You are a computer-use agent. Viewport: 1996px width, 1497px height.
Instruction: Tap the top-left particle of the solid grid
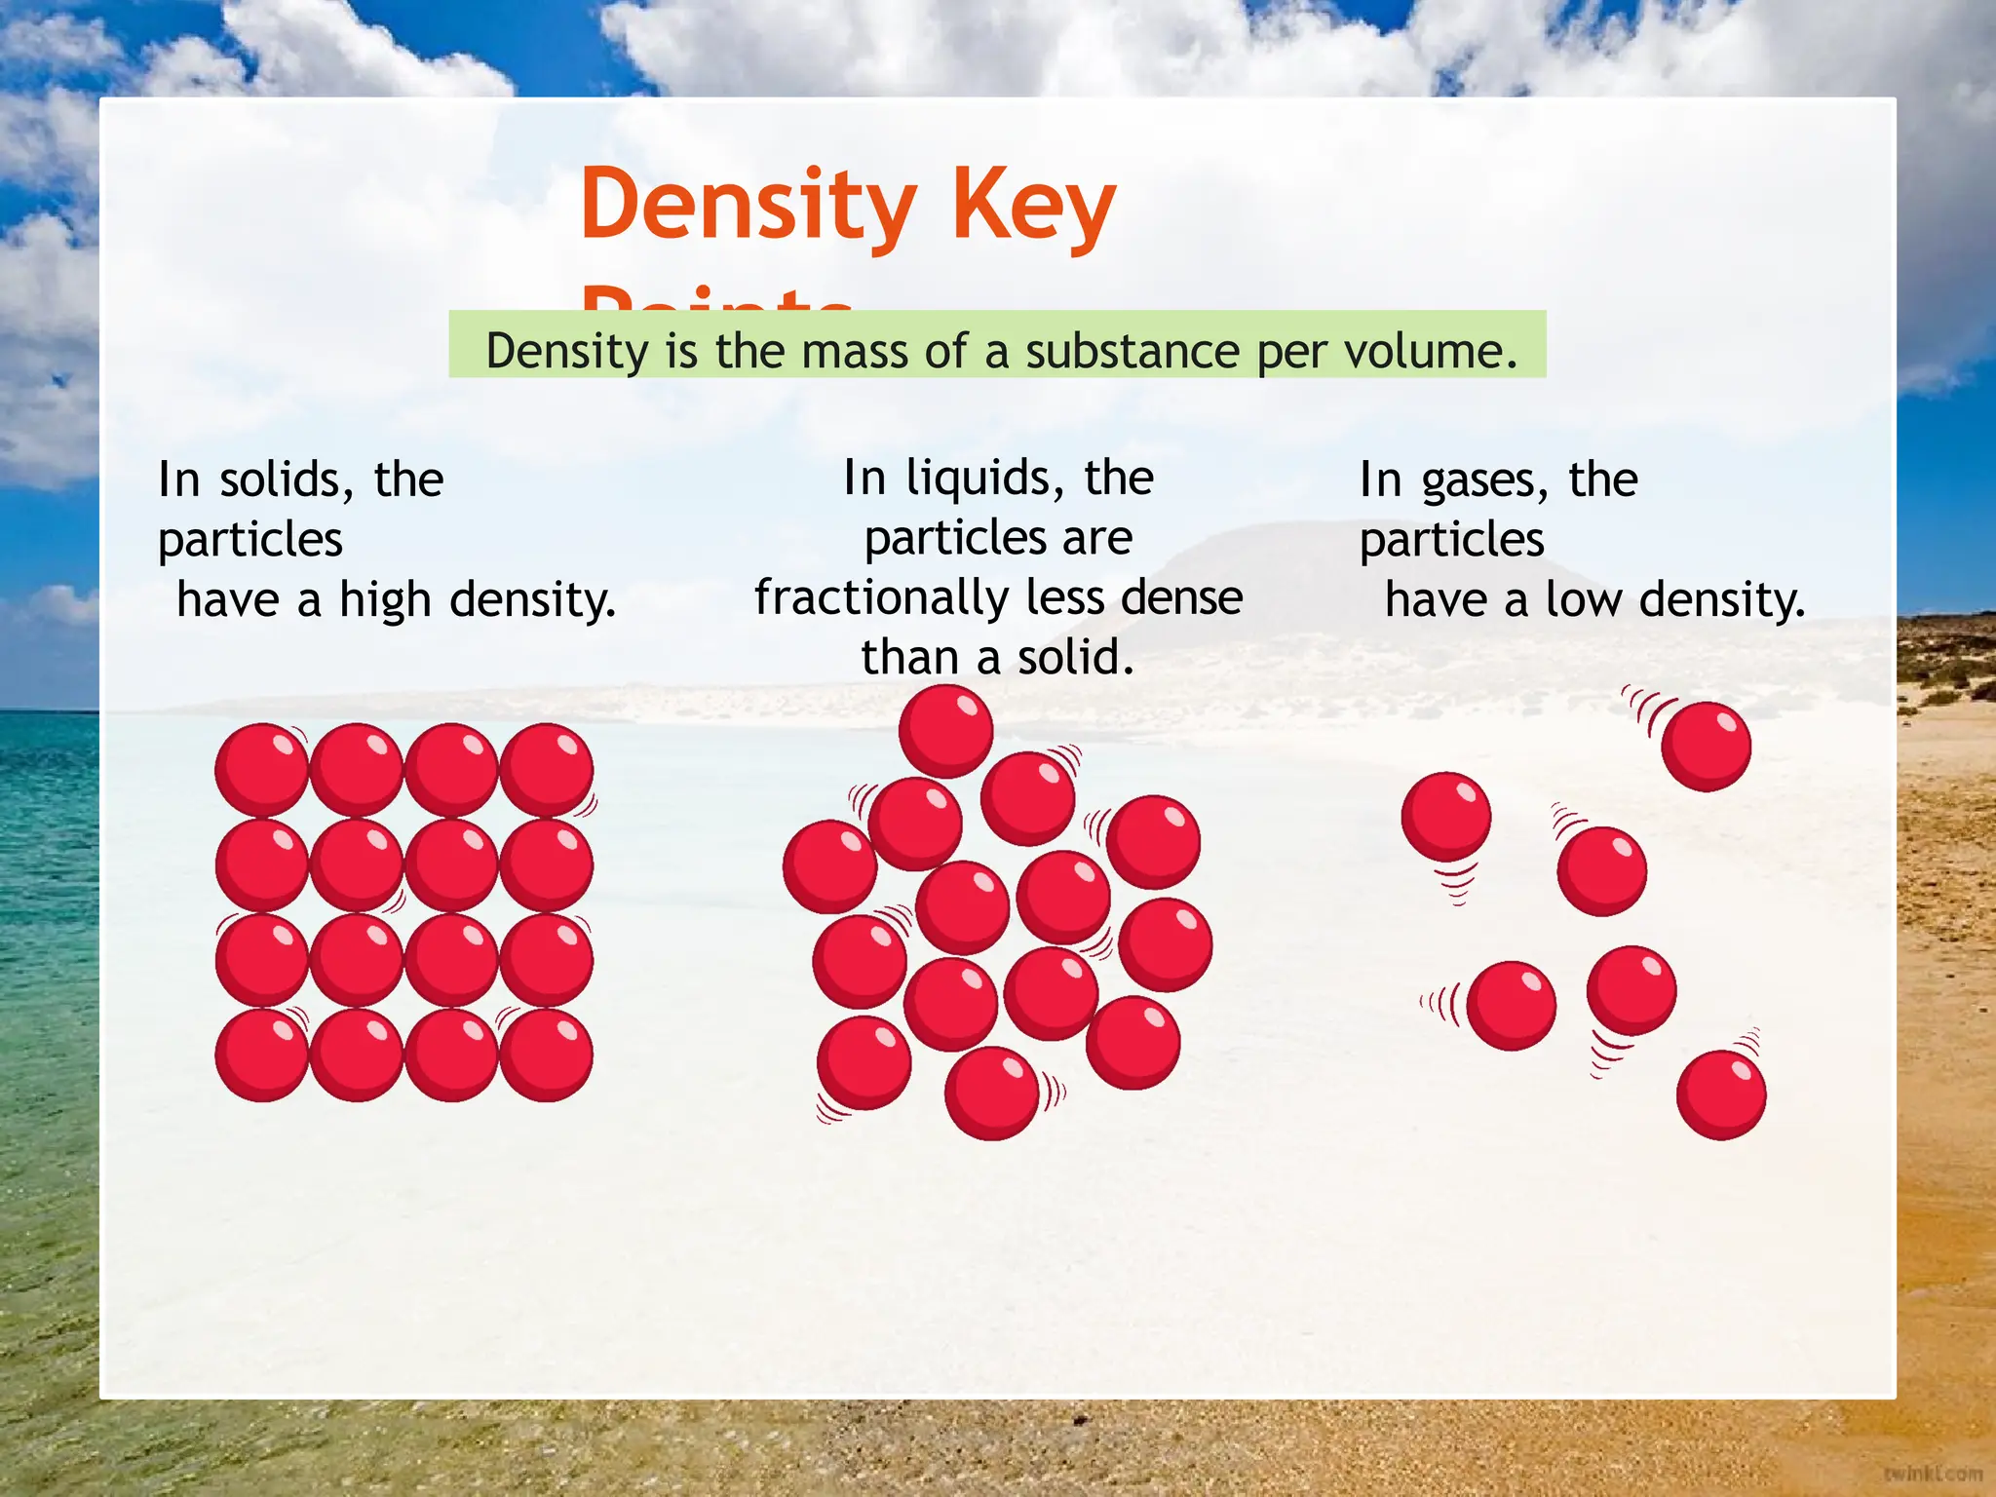tap(261, 769)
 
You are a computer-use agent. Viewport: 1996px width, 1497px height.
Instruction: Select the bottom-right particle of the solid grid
tap(547, 1056)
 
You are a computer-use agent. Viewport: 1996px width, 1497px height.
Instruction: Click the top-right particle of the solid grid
tap(547, 769)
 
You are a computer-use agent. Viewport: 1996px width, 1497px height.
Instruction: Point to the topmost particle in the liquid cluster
tap(945, 731)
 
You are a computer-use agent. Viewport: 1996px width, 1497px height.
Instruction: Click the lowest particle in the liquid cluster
tap(992, 1093)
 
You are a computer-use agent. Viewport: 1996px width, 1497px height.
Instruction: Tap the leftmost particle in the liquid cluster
tap(830, 866)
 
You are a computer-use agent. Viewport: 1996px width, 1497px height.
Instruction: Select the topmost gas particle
tap(1706, 746)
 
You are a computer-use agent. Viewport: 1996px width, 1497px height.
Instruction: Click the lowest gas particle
tap(1721, 1094)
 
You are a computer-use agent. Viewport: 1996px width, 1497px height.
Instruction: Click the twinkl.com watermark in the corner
tap(1934, 1473)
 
